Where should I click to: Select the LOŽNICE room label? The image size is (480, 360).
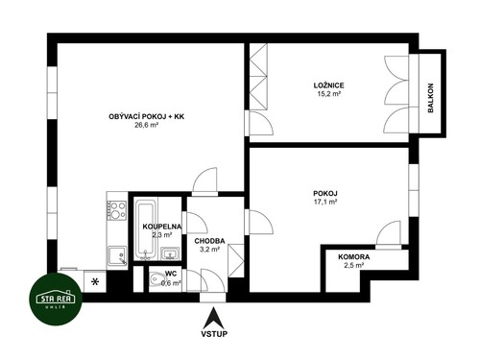pos(327,85)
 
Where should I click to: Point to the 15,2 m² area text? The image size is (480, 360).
pos(327,96)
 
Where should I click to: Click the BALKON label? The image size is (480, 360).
pos(431,94)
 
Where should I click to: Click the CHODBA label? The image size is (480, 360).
pos(209,241)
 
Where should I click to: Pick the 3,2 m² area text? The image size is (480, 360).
pos(209,251)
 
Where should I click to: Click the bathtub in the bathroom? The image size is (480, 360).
pos(145,230)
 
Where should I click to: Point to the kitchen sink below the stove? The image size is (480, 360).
pos(118,254)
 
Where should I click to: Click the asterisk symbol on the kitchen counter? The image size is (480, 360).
pos(95,281)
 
